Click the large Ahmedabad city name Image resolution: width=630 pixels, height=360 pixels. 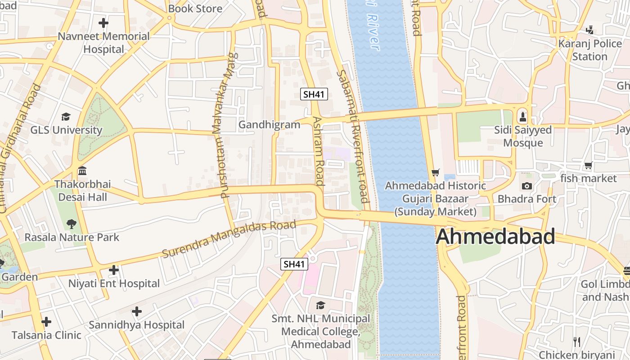[x=495, y=237]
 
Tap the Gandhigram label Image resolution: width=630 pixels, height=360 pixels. [x=269, y=125]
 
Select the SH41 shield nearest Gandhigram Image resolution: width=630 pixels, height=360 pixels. [x=314, y=94]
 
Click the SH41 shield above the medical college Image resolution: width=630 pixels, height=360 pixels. [x=294, y=264]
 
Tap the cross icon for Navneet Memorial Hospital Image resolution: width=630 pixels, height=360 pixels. [x=103, y=22]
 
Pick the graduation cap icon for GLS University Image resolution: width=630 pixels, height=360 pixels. [x=66, y=117]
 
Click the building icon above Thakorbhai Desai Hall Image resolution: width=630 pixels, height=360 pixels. [x=82, y=171]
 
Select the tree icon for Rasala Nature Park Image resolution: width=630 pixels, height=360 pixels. [x=71, y=224]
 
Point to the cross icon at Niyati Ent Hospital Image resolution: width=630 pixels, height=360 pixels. [x=114, y=270]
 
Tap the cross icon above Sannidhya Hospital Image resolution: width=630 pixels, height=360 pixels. [x=137, y=311]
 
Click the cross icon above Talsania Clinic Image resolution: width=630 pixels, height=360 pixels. [x=46, y=322]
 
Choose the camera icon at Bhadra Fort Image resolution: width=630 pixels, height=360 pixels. [x=526, y=186]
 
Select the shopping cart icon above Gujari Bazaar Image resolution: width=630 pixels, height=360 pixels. [x=435, y=172]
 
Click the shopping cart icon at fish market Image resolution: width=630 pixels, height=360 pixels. [x=588, y=166]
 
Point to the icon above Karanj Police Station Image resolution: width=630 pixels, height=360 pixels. [x=589, y=30]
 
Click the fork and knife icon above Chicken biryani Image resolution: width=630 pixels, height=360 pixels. [x=577, y=342]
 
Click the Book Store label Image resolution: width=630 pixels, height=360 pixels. [x=195, y=9]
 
